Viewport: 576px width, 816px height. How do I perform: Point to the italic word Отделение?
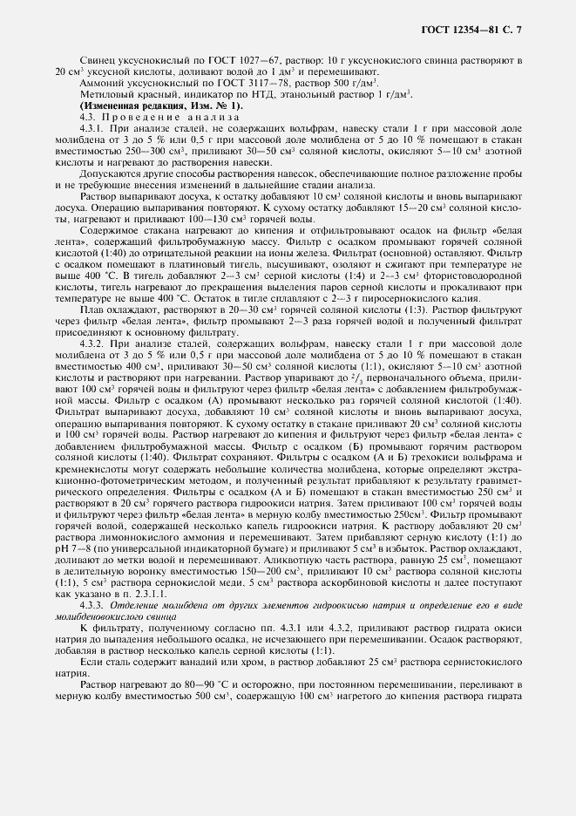(x=133, y=581)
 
